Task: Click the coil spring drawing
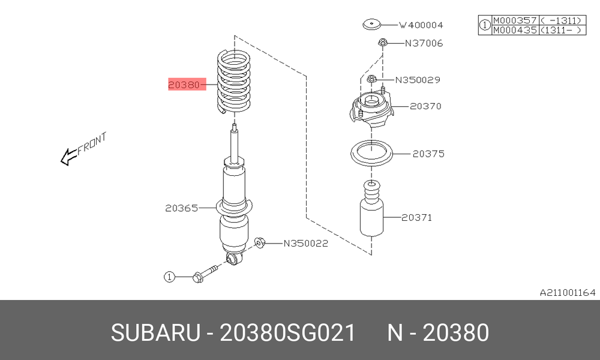pyautogui.click(x=234, y=82)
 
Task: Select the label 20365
pyautogui.click(x=182, y=208)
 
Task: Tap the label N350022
pyautogui.click(x=306, y=244)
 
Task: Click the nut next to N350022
pyautogui.click(x=259, y=242)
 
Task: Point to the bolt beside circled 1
pyautogui.click(x=205, y=273)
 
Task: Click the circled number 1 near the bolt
pyautogui.click(x=169, y=277)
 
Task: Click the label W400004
pyautogui.click(x=421, y=25)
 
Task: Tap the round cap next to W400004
pyautogui.click(x=372, y=25)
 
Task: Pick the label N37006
pyautogui.click(x=424, y=43)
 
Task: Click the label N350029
pyautogui.click(x=418, y=80)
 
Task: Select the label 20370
pyautogui.click(x=425, y=106)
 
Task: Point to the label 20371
pyautogui.click(x=417, y=218)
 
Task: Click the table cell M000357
pyautogui.click(x=515, y=20)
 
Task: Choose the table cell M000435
pyautogui.click(x=515, y=30)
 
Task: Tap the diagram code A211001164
pyautogui.click(x=568, y=293)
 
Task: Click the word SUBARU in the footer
pyautogui.click(x=155, y=332)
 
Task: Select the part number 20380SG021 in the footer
pyautogui.click(x=288, y=332)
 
